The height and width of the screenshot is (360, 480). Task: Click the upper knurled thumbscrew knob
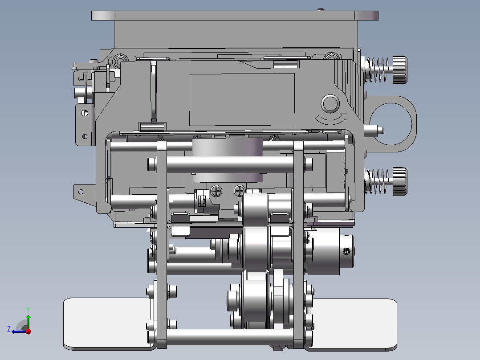click(x=400, y=70)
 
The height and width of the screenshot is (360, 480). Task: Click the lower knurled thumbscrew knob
click(x=400, y=181)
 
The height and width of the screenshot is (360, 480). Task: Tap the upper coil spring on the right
click(x=378, y=70)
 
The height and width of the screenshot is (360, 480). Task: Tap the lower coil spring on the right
click(x=378, y=181)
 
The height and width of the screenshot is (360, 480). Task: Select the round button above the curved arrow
click(x=330, y=103)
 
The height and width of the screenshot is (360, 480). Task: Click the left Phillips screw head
click(x=216, y=191)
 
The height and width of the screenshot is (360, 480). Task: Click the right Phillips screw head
click(x=240, y=191)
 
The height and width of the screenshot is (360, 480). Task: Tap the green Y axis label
click(x=28, y=310)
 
